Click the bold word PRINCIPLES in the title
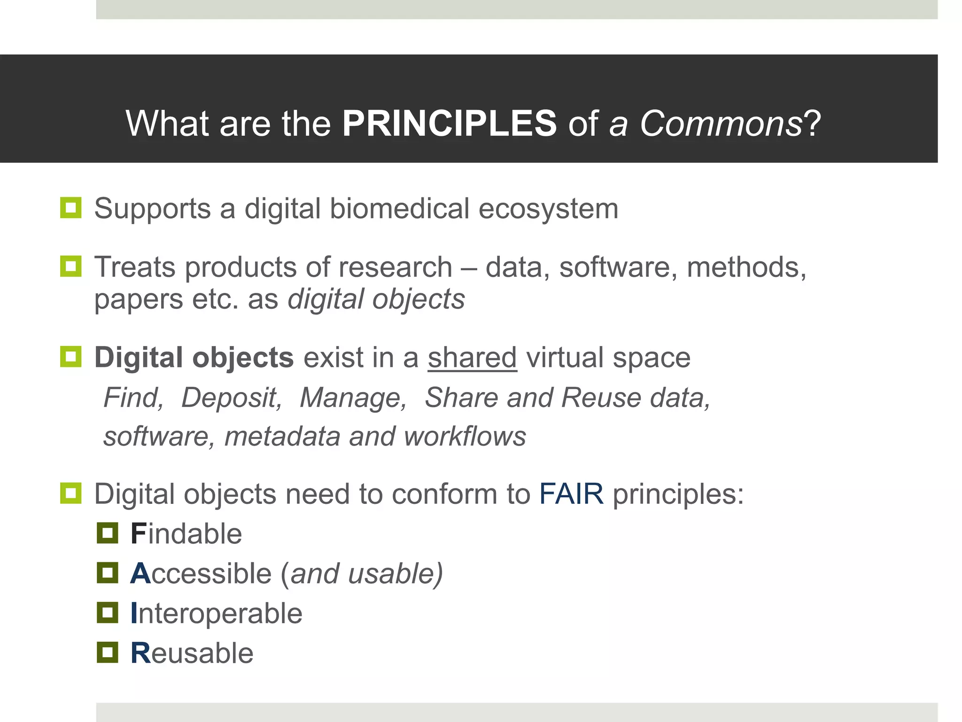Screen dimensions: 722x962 pyautogui.click(x=449, y=124)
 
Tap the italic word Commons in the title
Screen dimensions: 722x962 pyautogui.click(x=721, y=124)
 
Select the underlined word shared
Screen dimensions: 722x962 pyautogui.click(x=472, y=358)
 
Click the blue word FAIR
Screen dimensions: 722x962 pyautogui.click(x=571, y=494)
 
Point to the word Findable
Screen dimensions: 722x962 pyautogui.click(x=186, y=534)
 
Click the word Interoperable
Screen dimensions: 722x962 pyautogui.click(x=216, y=613)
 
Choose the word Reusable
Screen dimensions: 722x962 pyautogui.click(x=192, y=653)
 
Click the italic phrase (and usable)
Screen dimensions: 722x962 pyautogui.click(x=362, y=574)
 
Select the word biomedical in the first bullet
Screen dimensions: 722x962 pyautogui.click(x=399, y=209)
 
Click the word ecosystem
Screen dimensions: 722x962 pyautogui.click(x=548, y=209)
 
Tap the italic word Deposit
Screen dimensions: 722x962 pyautogui.click(x=231, y=398)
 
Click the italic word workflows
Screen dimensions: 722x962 pyautogui.click(x=465, y=437)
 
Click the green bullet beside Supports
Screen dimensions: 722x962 pyautogui.click(x=71, y=208)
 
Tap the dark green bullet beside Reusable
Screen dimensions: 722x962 pyautogui.click(x=108, y=652)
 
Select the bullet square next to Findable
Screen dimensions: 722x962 pyautogui.click(x=108, y=533)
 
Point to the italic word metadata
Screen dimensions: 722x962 pyautogui.click(x=282, y=437)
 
